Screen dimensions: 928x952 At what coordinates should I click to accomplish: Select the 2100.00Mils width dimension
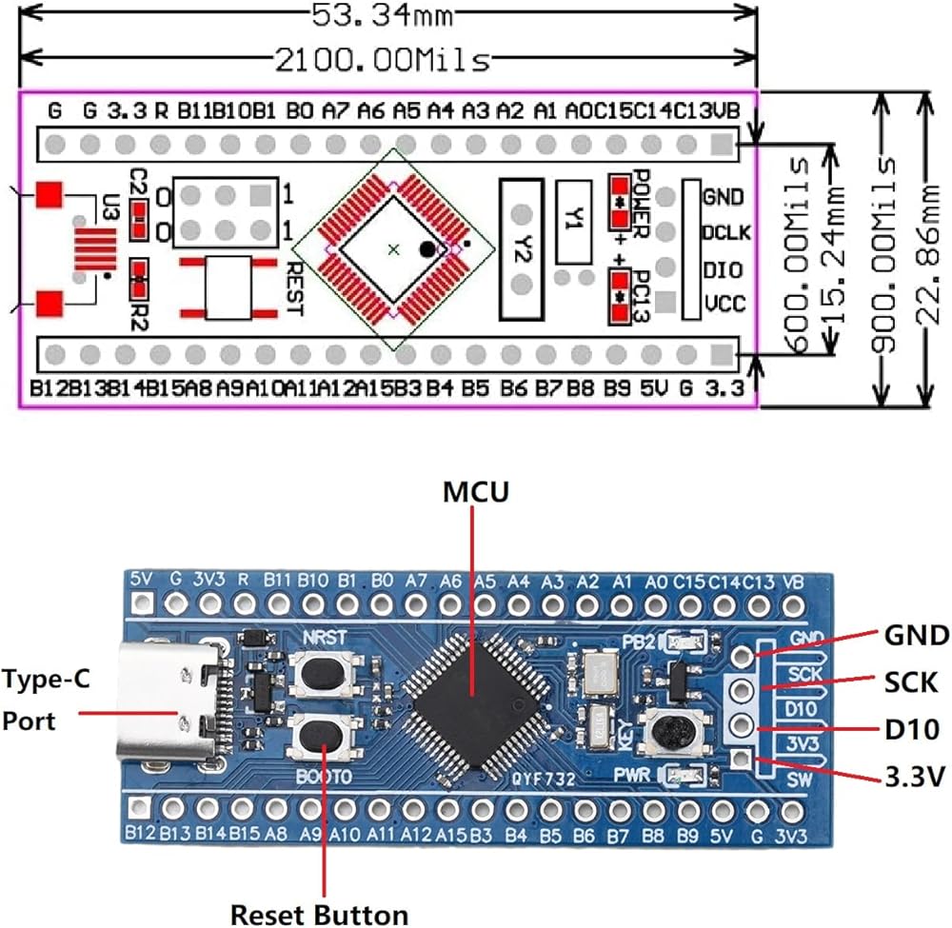pos(381,61)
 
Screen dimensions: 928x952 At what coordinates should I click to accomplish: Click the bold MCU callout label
pos(476,492)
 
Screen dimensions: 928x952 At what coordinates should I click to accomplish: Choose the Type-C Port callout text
pos(42,700)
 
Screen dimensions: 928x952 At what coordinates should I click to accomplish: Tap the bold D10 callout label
pos(912,730)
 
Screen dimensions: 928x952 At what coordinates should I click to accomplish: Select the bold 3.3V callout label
pos(914,778)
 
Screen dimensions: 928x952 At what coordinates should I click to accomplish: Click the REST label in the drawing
pos(292,289)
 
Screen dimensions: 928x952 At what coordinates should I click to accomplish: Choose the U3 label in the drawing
pos(111,208)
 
